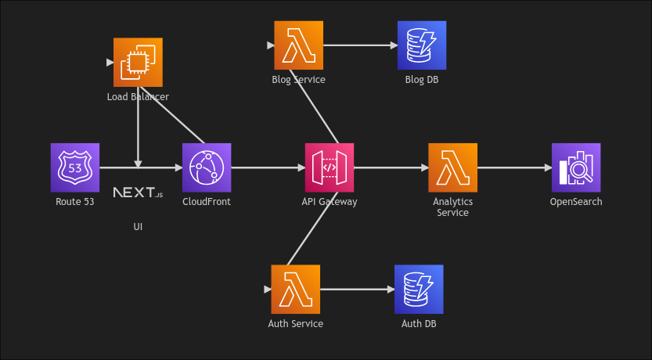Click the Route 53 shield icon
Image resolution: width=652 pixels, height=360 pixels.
pyautogui.click(x=75, y=167)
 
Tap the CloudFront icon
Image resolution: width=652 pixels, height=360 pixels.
pyautogui.click(x=207, y=167)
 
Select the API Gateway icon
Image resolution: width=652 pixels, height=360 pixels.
pyautogui.click(x=329, y=167)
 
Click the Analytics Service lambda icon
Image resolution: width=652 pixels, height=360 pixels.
pyautogui.click(x=452, y=167)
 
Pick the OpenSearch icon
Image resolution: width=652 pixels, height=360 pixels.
pyautogui.click(x=576, y=167)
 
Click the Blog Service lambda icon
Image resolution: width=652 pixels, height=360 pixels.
pyautogui.click(x=298, y=45)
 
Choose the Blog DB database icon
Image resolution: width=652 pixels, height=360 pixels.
pyautogui.click(x=422, y=45)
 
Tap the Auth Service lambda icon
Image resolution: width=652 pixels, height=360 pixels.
pyautogui.click(x=295, y=289)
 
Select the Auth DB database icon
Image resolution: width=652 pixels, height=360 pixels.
pyautogui.click(x=419, y=289)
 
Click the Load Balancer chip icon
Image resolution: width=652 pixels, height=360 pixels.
pyautogui.click(x=138, y=62)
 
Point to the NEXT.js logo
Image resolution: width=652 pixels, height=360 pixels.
pyautogui.click(x=138, y=193)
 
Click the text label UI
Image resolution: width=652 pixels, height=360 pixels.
pyautogui.click(x=138, y=227)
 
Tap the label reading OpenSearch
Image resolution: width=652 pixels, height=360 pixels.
pyautogui.click(x=576, y=202)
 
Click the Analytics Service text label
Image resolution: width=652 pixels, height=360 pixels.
pyautogui.click(x=452, y=207)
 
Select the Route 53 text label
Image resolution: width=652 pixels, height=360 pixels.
pyautogui.click(x=75, y=202)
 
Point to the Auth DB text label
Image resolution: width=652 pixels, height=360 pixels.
pyautogui.click(x=419, y=323)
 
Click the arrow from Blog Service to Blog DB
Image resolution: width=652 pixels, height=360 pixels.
pyautogui.click(x=360, y=45)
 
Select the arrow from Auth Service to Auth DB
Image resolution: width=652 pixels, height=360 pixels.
pyautogui.click(x=357, y=289)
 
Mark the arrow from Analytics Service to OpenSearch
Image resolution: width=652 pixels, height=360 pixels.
pyautogui.click(x=514, y=167)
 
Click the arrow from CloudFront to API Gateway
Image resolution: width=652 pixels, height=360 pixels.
pyautogui.click(x=268, y=167)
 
